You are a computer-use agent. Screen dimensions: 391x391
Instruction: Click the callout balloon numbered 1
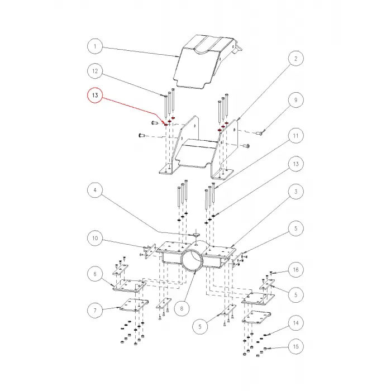pos(95,46)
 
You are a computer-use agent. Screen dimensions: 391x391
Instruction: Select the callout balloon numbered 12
pos(95,71)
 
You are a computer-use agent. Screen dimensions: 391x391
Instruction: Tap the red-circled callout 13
pos(95,97)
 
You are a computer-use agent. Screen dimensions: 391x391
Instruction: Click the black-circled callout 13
pos(295,164)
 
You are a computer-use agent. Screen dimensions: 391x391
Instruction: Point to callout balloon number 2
pos(295,59)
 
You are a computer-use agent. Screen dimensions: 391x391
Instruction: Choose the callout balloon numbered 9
pos(295,101)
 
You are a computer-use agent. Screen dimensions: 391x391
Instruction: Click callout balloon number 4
pos(95,191)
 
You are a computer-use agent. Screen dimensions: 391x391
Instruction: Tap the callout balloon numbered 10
pos(95,239)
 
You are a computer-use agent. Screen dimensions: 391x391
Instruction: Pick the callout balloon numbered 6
pos(95,274)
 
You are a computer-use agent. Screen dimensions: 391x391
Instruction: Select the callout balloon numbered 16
pos(295,270)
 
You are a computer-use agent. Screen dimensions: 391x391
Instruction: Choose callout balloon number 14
pos(295,323)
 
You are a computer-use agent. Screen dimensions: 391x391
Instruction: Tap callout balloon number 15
pos(295,347)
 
